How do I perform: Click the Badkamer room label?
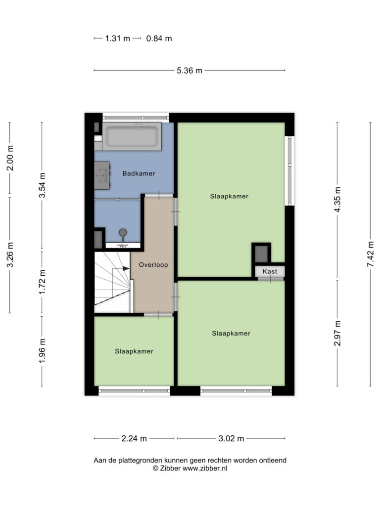(139, 173)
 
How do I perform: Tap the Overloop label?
(153, 265)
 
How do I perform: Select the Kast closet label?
(270, 271)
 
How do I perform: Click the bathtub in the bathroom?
(132, 136)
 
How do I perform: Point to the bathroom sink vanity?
(102, 176)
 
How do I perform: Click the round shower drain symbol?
(123, 232)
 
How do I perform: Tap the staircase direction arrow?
(126, 268)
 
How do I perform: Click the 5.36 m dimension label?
(190, 70)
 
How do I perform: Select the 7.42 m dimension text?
(370, 254)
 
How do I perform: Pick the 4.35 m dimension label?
(337, 200)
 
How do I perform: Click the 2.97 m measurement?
(337, 333)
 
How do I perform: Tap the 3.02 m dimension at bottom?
(231, 439)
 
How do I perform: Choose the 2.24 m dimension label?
(134, 439)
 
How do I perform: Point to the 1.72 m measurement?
(42, 281)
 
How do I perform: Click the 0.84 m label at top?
(159, 39)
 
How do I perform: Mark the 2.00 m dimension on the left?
(10, 158)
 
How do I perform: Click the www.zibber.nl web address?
(205, 468)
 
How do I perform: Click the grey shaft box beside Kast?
(261, 254)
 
